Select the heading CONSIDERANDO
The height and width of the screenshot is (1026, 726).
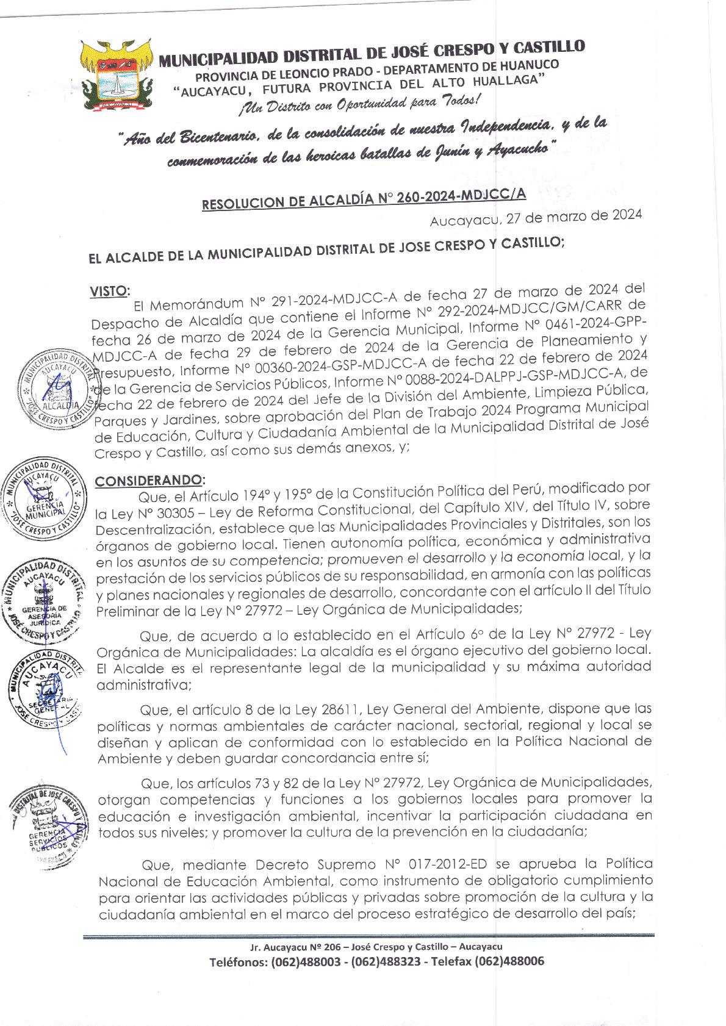(150, 481)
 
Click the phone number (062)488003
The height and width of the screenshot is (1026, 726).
(305, 962)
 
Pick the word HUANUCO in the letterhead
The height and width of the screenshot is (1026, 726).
(530, 65)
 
